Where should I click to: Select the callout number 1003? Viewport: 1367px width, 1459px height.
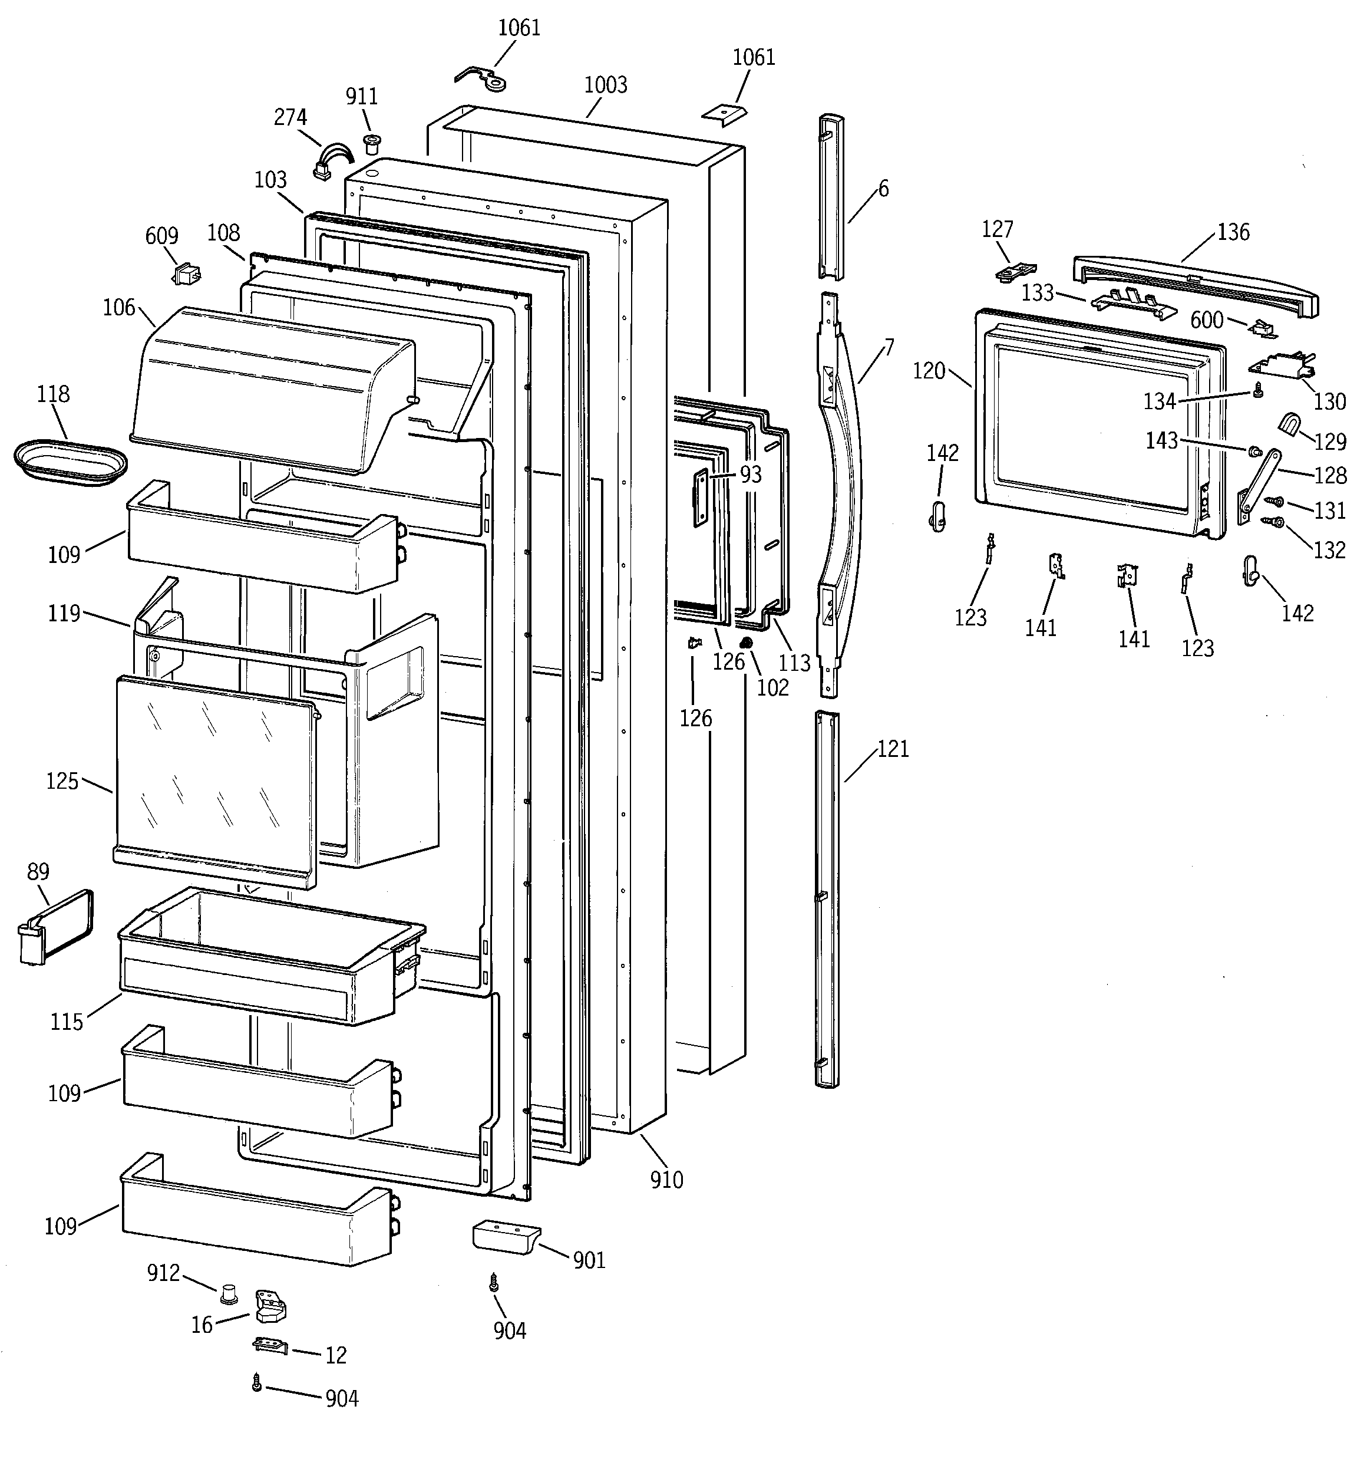point(605,85)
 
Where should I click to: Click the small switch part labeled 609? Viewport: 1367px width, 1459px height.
point(186,275)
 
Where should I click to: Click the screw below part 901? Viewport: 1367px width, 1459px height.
point(494,1282)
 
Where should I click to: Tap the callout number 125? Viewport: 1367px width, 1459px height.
point(62,781)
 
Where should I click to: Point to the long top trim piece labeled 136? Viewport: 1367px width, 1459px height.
point(1196,286)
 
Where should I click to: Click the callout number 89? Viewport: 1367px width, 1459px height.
point(38,871)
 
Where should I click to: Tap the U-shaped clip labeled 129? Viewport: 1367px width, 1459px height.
point(1290,425)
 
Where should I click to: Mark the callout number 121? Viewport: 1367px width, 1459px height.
point(893,749)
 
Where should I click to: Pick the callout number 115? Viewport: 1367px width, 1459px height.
point(67,1022)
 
